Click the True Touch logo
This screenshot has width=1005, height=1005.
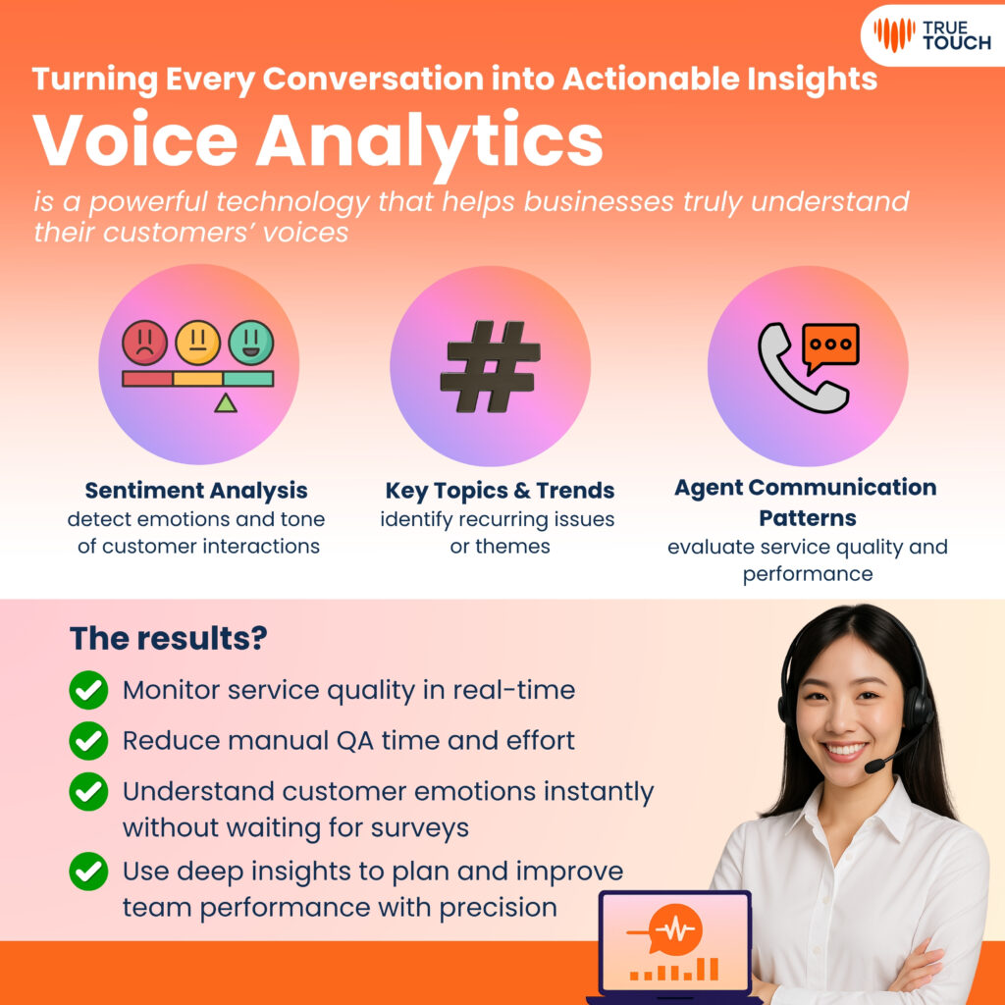(931, 33)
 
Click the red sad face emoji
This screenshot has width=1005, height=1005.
(145, 343)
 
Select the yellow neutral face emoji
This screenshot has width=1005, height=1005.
(198, 343)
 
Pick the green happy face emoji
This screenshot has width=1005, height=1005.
(251, 343)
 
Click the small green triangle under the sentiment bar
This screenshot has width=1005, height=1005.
(225, 401)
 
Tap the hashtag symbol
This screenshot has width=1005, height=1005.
(490, 366)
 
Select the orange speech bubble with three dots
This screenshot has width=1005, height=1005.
(830, 346)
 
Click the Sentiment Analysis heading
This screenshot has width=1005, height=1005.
(196, 491)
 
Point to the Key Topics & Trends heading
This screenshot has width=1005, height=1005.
(500, 491)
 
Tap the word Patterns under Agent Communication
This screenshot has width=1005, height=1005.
(807, 518)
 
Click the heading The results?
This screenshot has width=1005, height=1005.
(169, 639)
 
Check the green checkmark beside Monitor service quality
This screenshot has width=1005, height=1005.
(88, 690)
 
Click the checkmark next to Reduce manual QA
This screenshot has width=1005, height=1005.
(88, 740)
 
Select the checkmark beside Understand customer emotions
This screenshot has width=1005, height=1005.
(88, 791)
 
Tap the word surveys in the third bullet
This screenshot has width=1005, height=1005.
(419, 827)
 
